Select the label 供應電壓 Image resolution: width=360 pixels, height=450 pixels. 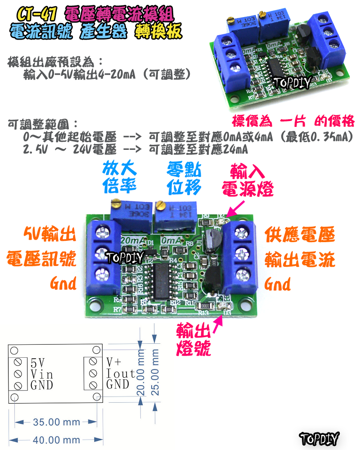click(300, 234)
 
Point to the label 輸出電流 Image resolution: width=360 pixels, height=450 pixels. click(300, 259)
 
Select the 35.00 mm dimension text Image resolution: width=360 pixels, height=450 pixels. click(57, 422)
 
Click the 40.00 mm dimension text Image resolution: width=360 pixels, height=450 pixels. click(57, 440)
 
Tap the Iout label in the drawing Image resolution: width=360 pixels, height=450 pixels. click(121, 373)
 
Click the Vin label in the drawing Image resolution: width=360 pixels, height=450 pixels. click(42, 374)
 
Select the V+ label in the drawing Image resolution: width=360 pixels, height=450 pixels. click(113, 363)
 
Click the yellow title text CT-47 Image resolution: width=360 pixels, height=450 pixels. click(36, 13)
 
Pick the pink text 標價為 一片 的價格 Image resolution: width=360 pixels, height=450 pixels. click(293, 121)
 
